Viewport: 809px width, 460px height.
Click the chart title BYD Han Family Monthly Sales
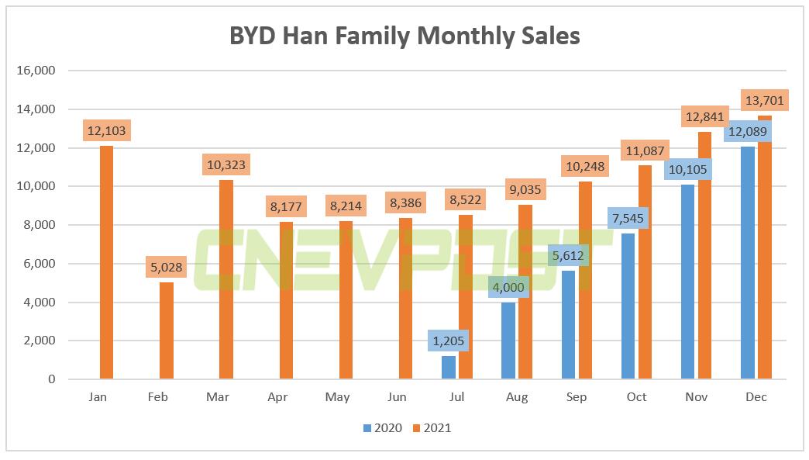pyautogui.click(x=404, y=36)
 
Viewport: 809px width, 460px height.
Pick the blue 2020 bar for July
pyautogui.click(x=449, y=368)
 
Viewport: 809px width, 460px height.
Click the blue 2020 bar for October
pyautogui.click(x=628, y=306)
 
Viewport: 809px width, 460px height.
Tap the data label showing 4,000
pyautogui.click(x=508, y=287)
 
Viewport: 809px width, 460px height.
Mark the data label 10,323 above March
pyautogui.click(x=226, y=165)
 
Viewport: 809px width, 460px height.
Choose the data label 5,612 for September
pyautogui.click(x=568, y=255)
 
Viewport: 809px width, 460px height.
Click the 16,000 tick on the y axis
pyautogui.click(x=36, y=71)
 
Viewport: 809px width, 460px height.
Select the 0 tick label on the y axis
pyautogui.click(x=50, y=379)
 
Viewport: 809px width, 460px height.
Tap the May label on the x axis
pyautogui.click(x=338, y=397)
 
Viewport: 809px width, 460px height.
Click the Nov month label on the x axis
pyautogui.click(x=696, y=397)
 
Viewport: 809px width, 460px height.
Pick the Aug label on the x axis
pyautogui.click(x=517, y=397)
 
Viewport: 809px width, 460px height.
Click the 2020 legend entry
pyautogui.click(x=382, y=428)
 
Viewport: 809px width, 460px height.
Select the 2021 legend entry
pyautogui.click(x=432, y=428)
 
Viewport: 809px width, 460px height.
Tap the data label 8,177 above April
pyautogui.click(x=286, y=207)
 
